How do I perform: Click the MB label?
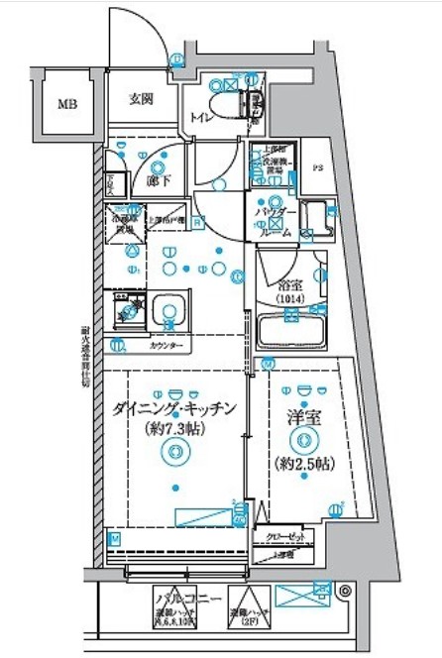[x=66, y=103]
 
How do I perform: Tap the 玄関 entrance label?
[x=141, y=99]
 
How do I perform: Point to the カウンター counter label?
[x=166, y=347]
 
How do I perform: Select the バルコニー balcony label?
[x=184, y=599]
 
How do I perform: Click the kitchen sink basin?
[x=168, y=314]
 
